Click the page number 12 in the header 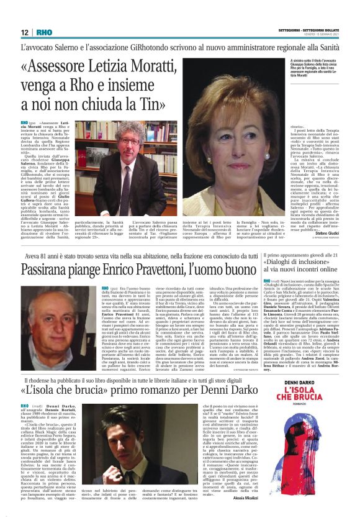24,32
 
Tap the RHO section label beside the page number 43,32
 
